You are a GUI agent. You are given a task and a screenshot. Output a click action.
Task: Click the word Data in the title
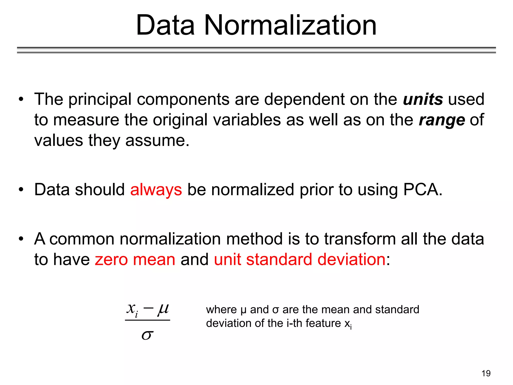tap(165, 25)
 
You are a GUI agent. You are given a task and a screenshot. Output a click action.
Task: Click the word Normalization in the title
tap(290, 25)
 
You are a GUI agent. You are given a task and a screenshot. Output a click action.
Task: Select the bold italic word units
tap(423, 99)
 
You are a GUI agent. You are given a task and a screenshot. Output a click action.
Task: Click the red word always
tap(156, 190)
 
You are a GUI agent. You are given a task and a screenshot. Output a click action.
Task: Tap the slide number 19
tap(486, 373)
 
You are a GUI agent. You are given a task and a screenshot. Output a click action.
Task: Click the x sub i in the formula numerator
tap(132, 309)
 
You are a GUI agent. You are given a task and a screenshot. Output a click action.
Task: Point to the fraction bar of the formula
tap(147, 320)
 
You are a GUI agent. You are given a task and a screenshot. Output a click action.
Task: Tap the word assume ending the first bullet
tap(157, 140)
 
